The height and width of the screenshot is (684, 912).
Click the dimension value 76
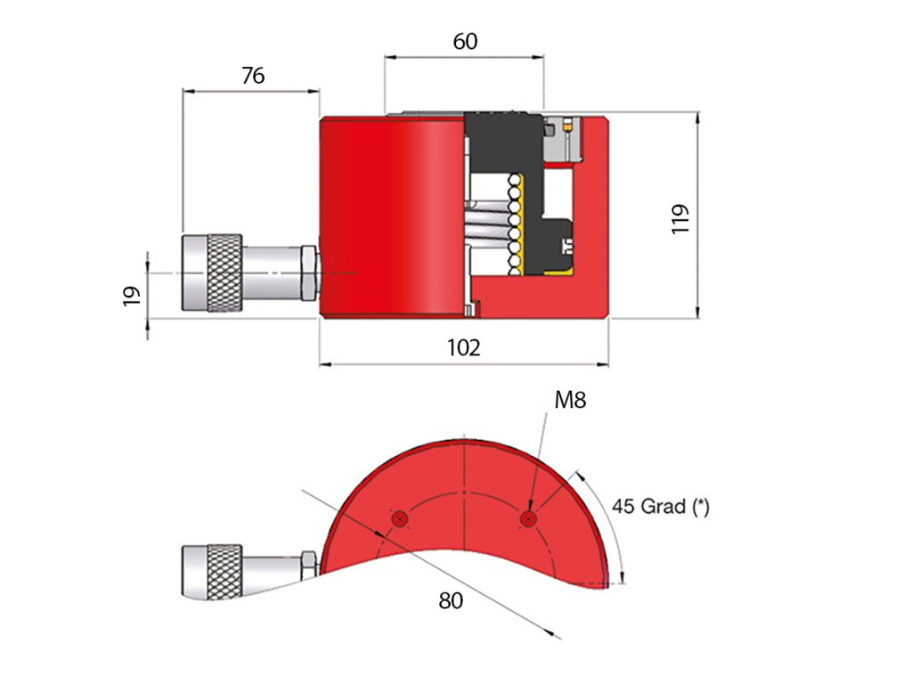click(253, 76)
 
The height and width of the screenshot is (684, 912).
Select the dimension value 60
click(465, 41)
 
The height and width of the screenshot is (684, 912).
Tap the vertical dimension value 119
click(681, 218)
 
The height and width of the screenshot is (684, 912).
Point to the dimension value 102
click(464, 347)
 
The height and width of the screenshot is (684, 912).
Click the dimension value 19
click(131, 296)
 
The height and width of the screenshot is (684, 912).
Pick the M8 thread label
click(570, 400)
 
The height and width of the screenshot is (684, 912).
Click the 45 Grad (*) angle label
click(660, 507)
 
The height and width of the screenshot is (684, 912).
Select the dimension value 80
click(451, 601)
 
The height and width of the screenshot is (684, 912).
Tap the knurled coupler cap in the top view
click(212, 273)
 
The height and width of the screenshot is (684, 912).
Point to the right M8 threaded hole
click(529, 518)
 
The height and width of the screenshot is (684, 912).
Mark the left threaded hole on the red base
click(400, 518)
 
